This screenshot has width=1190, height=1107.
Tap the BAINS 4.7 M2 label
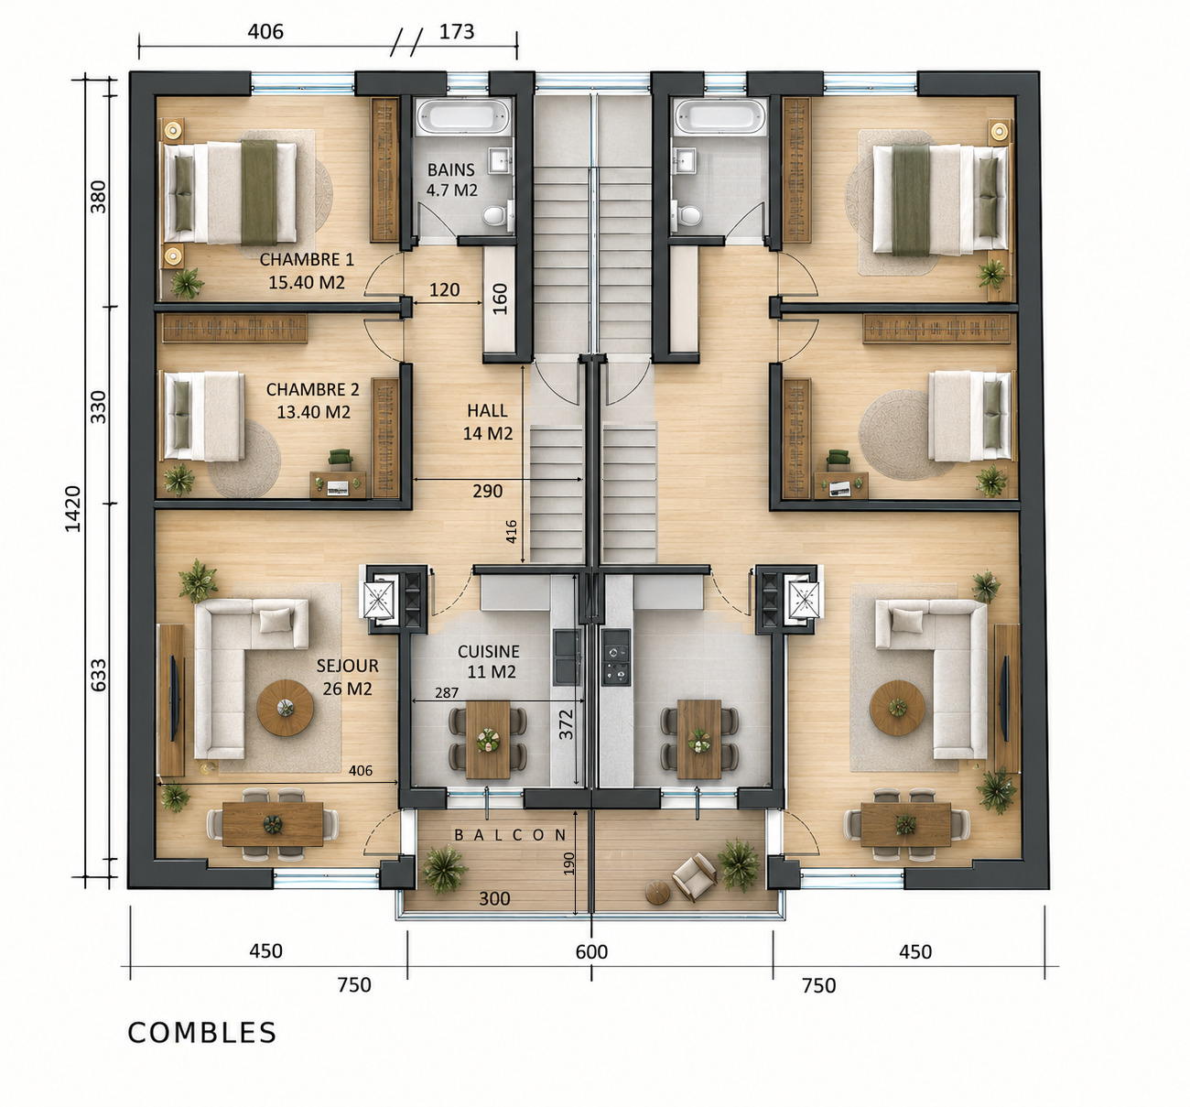coord(452,179)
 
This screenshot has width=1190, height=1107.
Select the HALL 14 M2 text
coord(488,422)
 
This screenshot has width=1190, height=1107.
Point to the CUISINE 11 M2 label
coord(489,662)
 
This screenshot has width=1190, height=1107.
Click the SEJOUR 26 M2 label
coord(348,678)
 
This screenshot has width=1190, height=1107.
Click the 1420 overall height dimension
coord(72,509)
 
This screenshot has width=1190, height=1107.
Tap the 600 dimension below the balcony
coord(591,951)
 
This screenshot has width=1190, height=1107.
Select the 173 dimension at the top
coord(457,31)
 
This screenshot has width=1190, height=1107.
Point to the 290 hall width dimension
coord(488,491)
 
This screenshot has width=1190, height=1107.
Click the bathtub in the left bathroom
coord(463,116)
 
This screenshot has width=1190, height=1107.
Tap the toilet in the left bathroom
coord(496,215)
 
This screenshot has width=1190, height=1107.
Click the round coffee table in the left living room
coord(286,708)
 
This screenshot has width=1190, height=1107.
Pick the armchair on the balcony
coord(695,875)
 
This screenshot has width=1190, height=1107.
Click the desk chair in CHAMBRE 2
coord(341,459)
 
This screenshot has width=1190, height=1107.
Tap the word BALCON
coord(511,834)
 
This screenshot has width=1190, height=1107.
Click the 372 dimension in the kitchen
coord(567,724)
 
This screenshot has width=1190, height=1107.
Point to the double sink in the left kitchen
coord(567,657)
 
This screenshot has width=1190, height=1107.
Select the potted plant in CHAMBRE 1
coord(187,283)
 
